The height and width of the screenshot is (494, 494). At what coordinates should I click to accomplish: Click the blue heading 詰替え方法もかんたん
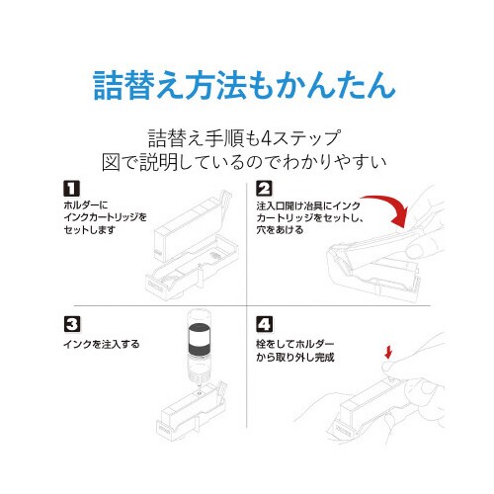[246, 86]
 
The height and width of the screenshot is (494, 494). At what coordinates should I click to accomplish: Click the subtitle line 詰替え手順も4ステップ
[246, 135]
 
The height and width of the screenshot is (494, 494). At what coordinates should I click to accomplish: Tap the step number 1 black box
[70, 188]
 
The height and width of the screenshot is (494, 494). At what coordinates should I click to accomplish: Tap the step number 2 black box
[264, 188]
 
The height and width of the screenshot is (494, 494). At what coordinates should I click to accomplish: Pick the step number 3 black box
[70, 323]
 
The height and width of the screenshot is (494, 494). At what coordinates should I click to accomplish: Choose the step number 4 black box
[264, 323]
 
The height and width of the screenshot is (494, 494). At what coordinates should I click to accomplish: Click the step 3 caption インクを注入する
[98, 344]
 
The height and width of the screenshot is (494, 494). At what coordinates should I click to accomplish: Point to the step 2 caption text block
[301, 217]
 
